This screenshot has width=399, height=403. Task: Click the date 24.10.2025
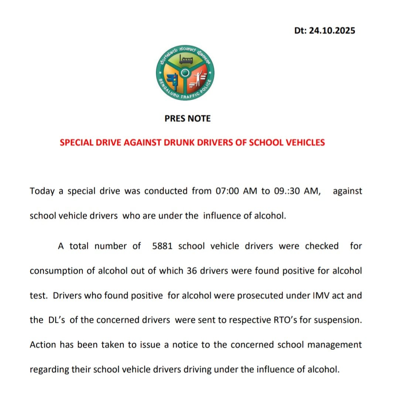332,31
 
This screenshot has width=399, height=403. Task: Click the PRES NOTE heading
188,119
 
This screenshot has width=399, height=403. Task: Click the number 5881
163,246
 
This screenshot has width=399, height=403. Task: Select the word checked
321,246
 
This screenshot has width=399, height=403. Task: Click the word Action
42,345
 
